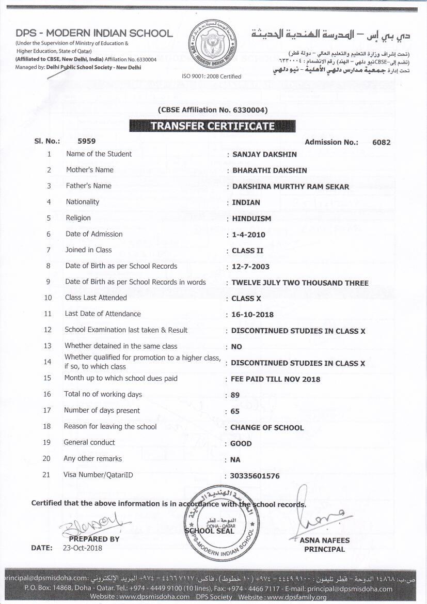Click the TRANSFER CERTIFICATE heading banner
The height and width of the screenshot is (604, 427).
pyautogui.click(x=212, y=126)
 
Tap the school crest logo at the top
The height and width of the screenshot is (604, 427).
pyautogui.click(x=212, y=45)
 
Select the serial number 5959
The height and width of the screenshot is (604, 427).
pyautogui.click(x=86, y=141)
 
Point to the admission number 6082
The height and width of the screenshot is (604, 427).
pyautogui.click(x=381, y=142)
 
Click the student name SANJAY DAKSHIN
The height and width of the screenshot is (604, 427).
pyautogui.click(x=264, y=154)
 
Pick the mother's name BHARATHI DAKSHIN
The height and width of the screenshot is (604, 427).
pyautogui.click(x=270, y=170)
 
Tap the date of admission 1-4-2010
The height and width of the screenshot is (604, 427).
pyautogui.click(x=248, y=235)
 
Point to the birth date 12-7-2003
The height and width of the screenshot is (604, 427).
pyautogui.click(x=250, y=267)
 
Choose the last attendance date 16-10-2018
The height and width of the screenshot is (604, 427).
pyautogui.click(x=252, y=314)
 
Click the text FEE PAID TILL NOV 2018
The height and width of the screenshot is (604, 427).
pyautogui.click(x=275, y=379)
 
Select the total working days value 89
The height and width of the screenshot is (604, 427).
pyautogui.click(x=235, y=395)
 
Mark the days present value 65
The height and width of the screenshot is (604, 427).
pyautogui.click(x=235, y=411)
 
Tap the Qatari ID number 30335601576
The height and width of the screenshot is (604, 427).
pyautogui.click(x=255, y=476)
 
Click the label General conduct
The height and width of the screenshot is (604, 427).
pyautogui.click(x=89, y=442)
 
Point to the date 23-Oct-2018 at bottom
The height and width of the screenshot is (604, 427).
pyautogui.click(x=83, y=548)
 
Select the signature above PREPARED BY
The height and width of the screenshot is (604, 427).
pyautogui.click(x=93, y=522)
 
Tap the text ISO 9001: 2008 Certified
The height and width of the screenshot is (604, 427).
pyautogui.click(x=212, y=76)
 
